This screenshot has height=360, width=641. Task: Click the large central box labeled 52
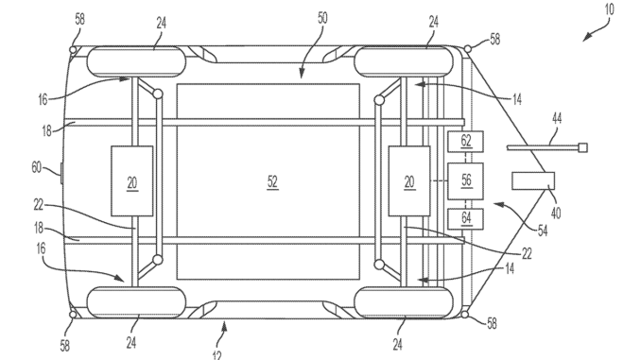(269, 180)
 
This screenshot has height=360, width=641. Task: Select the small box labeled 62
(465, 142)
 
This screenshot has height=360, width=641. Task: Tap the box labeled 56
(465, 179)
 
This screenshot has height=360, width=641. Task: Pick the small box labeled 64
(465, 217)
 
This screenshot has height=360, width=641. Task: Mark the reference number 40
(557, 213)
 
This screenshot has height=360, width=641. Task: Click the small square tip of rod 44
(582, 146)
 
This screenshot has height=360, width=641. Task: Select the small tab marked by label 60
(61, 172)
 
